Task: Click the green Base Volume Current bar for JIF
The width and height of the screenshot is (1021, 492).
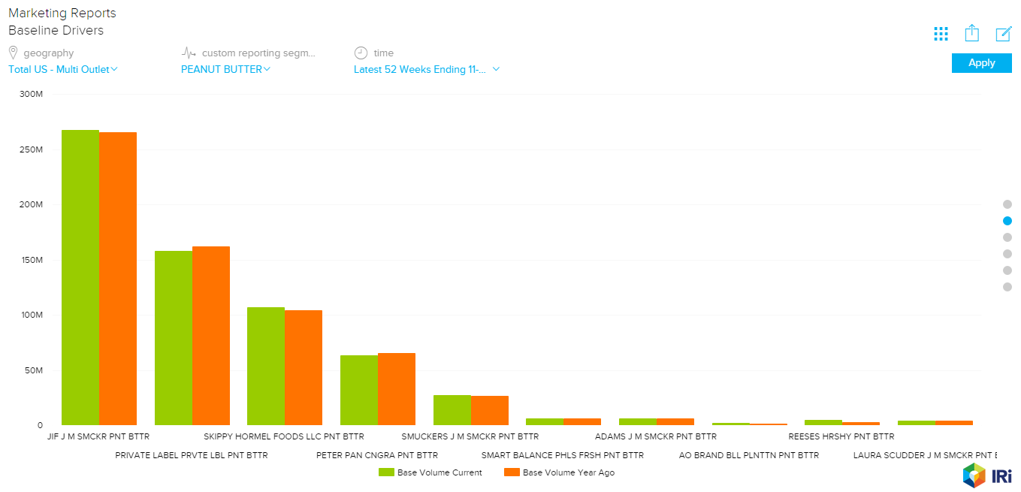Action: point(80,277)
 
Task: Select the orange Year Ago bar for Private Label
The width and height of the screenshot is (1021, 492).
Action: point(211,335)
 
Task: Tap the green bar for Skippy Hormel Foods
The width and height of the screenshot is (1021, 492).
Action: point(266,366)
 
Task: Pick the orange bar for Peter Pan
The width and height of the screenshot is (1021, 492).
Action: point(397,388)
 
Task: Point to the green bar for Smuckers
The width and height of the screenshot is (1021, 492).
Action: point(452,409)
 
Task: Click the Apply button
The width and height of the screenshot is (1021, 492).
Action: point(981,63)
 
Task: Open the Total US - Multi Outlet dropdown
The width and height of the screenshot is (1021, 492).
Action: point(63,69)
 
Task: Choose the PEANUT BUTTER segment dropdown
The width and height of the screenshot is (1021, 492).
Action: point(225,69)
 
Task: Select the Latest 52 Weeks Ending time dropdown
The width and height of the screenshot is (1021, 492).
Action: point(427,69)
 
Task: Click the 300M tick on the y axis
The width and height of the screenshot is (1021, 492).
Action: point(32,94)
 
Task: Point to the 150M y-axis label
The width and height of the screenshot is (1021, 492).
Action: point(32,260)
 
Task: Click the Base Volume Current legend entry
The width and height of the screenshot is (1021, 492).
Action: point(430,472)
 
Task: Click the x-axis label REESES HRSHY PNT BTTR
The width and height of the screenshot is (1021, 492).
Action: point(841,436)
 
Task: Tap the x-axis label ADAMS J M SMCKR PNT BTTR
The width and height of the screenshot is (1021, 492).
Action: point(655,436)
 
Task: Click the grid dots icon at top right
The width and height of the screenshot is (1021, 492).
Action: point(941,34)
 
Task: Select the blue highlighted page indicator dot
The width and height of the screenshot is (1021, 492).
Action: point(1007,221)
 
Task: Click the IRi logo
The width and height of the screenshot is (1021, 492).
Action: point(987,475)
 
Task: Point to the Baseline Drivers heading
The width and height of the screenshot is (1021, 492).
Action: point(56,31)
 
